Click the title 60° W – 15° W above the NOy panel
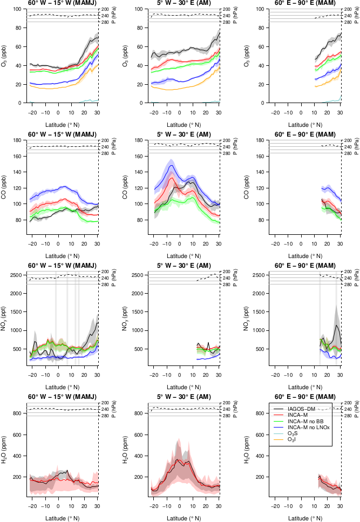62,265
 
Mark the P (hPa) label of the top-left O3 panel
114,16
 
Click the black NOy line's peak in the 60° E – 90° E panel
337,325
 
